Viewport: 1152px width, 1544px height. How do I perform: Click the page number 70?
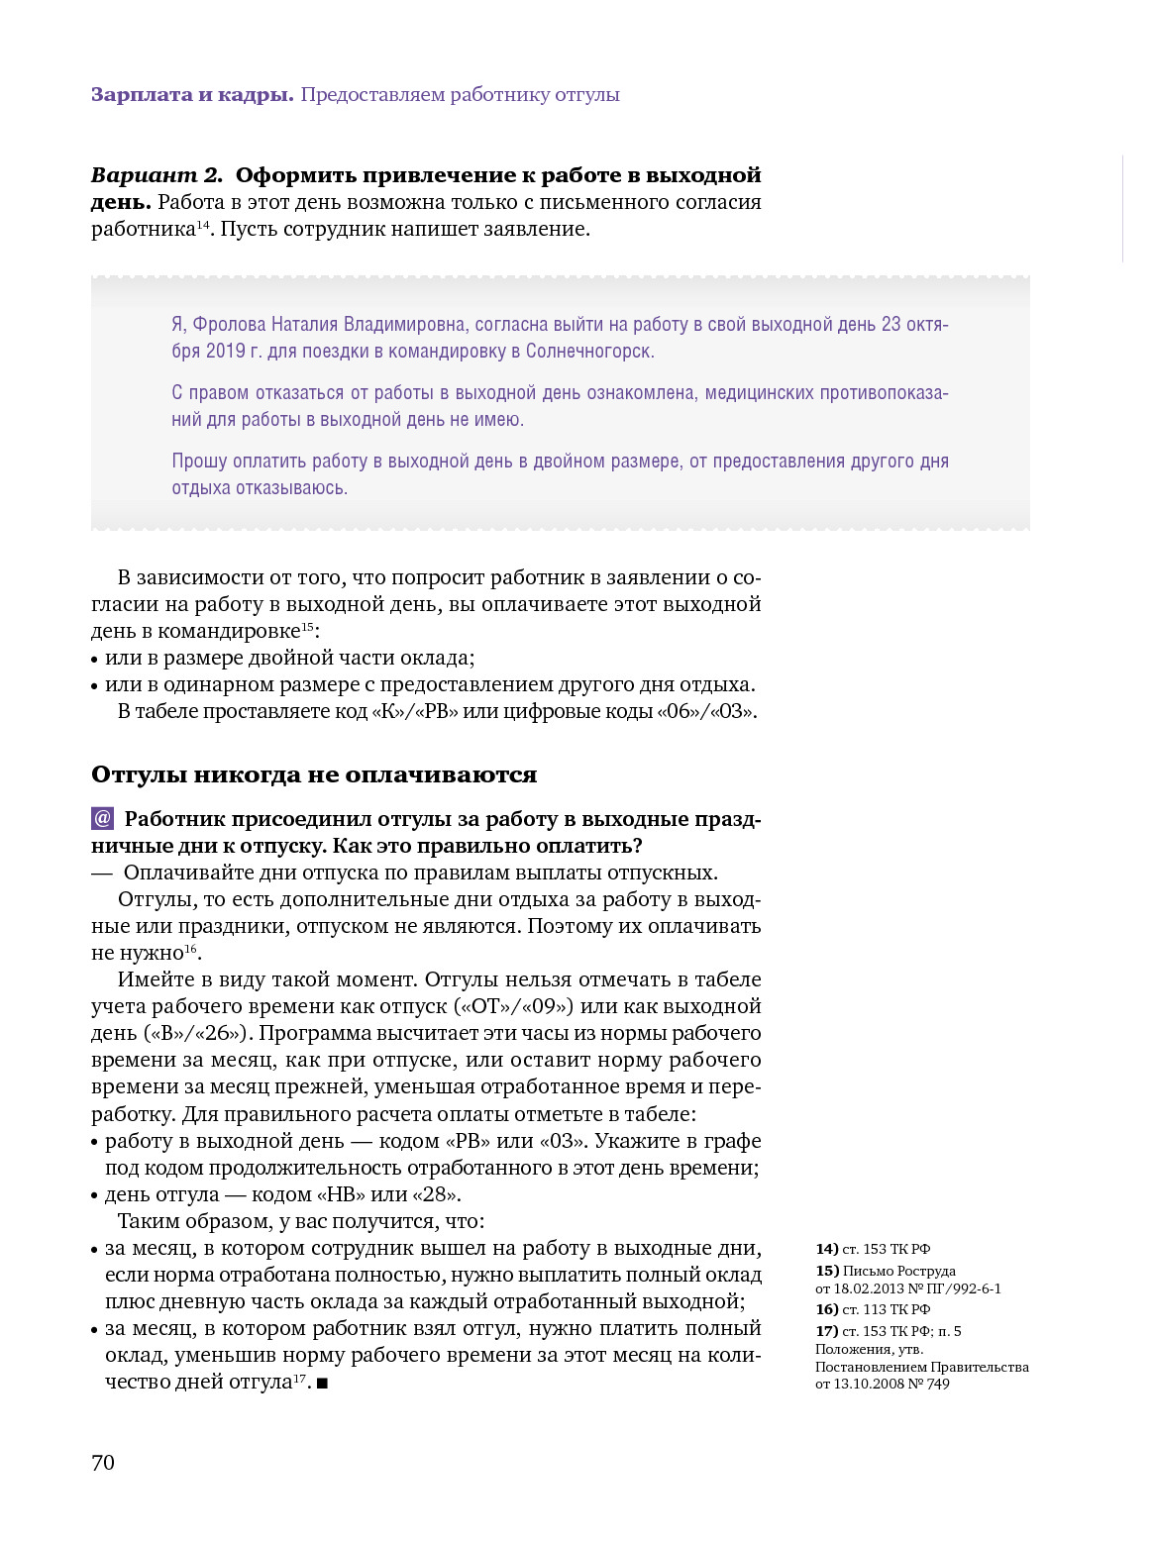(103, 1463)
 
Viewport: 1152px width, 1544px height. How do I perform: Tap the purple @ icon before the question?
(102, 819)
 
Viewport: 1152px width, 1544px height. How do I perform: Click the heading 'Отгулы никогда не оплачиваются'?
(313, 774)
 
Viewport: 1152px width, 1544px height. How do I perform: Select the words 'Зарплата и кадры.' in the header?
(192, 95)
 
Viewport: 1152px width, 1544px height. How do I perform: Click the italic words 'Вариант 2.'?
(157, 175)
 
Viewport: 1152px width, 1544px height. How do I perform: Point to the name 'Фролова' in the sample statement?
(230, 325)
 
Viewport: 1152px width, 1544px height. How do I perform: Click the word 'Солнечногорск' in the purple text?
(588, 352)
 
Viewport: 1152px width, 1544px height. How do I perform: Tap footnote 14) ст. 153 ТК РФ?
(873, 1249)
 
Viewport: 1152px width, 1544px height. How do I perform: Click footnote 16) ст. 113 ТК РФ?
(873, 1309)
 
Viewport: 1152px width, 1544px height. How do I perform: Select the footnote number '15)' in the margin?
(827, 1271)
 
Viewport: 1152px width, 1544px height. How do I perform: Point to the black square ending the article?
(322, 1383)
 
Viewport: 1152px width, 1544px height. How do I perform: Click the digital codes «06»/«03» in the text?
(705, 711)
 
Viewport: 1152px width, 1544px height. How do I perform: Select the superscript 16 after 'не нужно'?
(191, 949)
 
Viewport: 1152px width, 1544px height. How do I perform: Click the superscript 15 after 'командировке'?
(307, 627)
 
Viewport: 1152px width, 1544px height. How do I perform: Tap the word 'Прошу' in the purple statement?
(198, 462)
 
